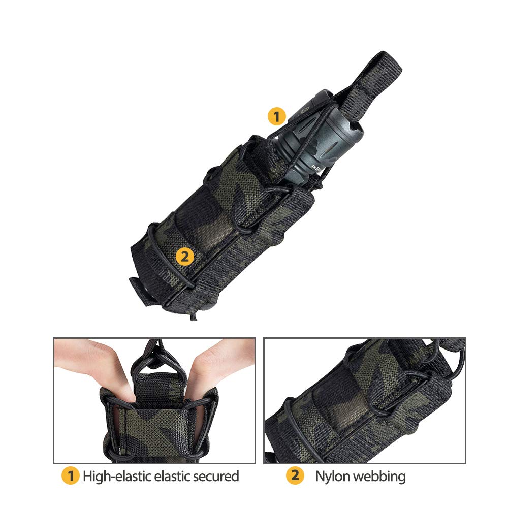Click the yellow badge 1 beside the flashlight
coord(276,117)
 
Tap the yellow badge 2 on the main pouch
coord(184,257)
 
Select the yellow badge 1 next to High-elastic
coord(71,476)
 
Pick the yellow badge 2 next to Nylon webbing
coord(295,476)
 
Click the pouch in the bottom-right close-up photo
coord(356,406)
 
